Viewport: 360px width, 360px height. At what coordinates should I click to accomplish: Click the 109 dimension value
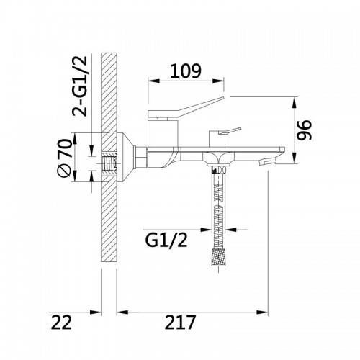pos(186,71)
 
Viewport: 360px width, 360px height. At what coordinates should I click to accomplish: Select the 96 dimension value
pos(304,130)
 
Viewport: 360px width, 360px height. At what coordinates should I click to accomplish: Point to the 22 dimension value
pos(61,323)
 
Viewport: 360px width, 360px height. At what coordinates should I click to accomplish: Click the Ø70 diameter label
pos(65,158)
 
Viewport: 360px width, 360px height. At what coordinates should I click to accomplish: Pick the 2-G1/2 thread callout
pos(80,86)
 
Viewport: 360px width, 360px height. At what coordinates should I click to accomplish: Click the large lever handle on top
pos(186,107)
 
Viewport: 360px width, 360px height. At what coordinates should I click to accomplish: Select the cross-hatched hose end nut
pos(219,258)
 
